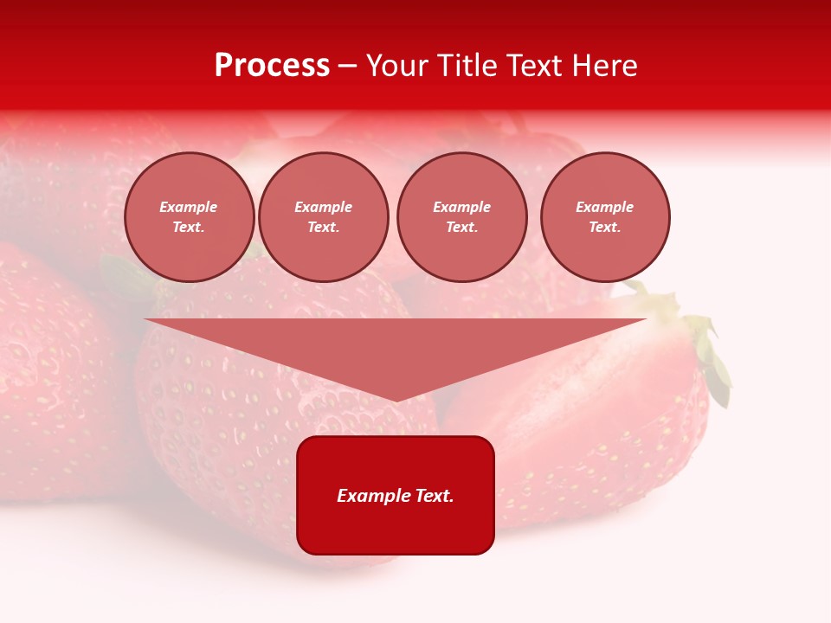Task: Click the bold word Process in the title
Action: (x=272, y=66)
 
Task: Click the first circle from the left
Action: (x=190, y=217)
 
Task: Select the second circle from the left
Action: (x=324, y=217)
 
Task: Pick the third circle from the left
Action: (x=461, y=217)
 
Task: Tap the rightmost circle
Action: (x=605, y=217)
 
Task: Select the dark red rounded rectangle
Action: (x=396, y=495)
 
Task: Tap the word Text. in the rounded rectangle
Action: (x=435, y=496)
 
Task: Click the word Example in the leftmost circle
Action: (x=189, y=207)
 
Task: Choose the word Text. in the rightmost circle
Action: (x=605, y=228)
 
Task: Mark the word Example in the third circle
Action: (x=461, y=207)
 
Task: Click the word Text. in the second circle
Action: (x=324, y=228)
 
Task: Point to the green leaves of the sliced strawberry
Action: (x=710, y=355)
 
